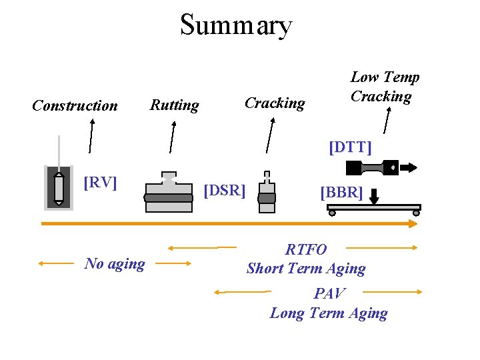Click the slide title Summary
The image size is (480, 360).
point(236,25)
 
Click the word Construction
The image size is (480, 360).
point(75,106)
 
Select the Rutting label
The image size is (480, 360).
point(174,105)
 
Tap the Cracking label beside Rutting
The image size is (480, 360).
point(275,103)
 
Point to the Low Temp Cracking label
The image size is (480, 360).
point(385,87)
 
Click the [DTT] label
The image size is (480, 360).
point(350,147)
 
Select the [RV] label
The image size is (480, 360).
point(100,182)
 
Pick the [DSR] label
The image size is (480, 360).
point(224,191)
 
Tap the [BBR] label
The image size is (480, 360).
point(341,193)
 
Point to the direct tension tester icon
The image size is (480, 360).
point(390,167)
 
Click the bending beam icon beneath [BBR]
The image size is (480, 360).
point(373,209)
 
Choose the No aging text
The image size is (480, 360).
point(115,264)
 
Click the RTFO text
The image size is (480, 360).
point(306,250)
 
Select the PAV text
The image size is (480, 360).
point(329,293)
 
